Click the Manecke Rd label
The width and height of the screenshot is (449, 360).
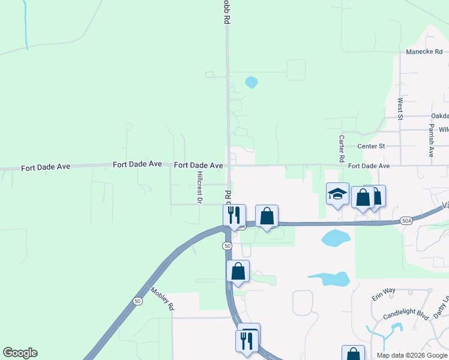pos(424,52)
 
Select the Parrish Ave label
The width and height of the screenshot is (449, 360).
pos(431,141)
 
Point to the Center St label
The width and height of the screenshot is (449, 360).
pos(370,146)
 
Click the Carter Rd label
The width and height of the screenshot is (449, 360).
pos(341,146)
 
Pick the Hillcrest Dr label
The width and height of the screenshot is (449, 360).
pos(199,185)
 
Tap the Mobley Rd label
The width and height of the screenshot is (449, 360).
pos(162,298)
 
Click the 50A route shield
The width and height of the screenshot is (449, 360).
pos(407,221)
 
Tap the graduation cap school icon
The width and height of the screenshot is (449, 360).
pos(337,194)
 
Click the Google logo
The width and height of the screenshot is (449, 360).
pos(20,353)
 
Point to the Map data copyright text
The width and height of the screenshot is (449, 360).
pos(411,355)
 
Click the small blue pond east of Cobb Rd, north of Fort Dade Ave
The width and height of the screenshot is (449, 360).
pos(252,82)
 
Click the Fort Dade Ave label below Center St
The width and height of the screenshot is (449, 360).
pos(369,166)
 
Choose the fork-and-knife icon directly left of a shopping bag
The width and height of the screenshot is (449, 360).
pos(234,215)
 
